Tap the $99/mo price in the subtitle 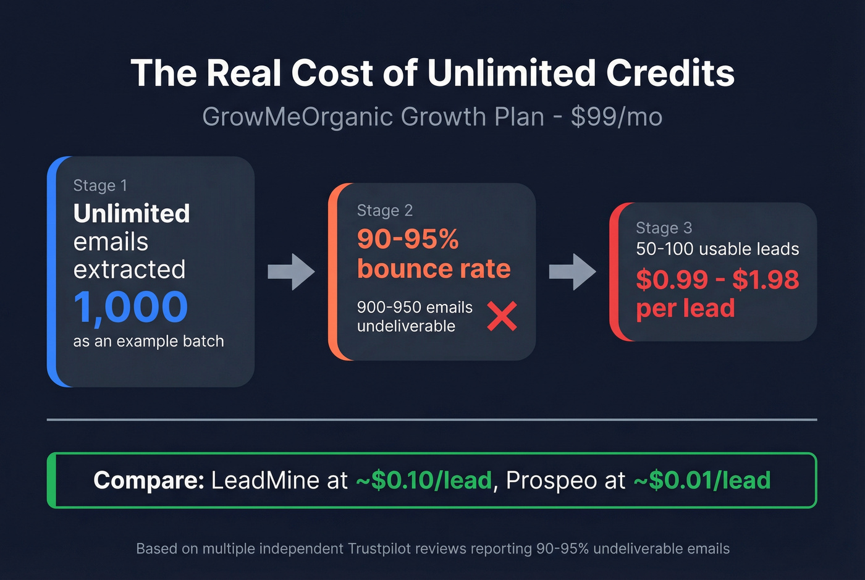click(616, 117)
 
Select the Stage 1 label click(100, 185)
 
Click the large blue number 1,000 click(130, 307)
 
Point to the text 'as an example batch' click(148, 341)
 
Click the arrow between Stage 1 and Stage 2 click(291, 271)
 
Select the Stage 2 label click(384, 211)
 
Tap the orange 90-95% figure click(408, 239)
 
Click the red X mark click(502, 316)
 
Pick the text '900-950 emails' click(415, 307)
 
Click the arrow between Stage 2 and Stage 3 click(572, 271)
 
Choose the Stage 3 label click(664, 228)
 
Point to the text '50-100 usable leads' click(717, 249)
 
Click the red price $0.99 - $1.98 click(717, 280)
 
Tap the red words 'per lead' click(685, 308)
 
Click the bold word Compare click(148, 480)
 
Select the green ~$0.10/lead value click(424, 480)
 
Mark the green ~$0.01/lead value click(702, 480)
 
